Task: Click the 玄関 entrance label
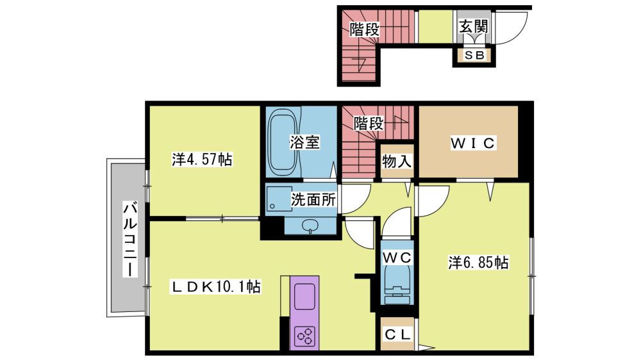[x=474, y=27]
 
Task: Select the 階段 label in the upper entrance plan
[x=365, y=29]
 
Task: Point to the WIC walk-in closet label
[x=473, y=143]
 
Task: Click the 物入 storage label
[x=397, y=161]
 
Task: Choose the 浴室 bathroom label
[x=304, y=142]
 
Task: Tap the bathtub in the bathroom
[x=283, y=142]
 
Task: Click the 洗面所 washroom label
[x=313, y=199]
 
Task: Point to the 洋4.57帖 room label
[x=202, y=160]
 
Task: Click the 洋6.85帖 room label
[x=478, y=263]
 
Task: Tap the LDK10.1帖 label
[x=215, y=287]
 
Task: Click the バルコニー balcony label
[x=130, y=239]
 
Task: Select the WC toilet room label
[x=397, y=258]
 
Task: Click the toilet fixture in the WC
[x=397, y=285]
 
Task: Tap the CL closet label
[x=397, y=335]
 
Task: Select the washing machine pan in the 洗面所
[x=280, y=199]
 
